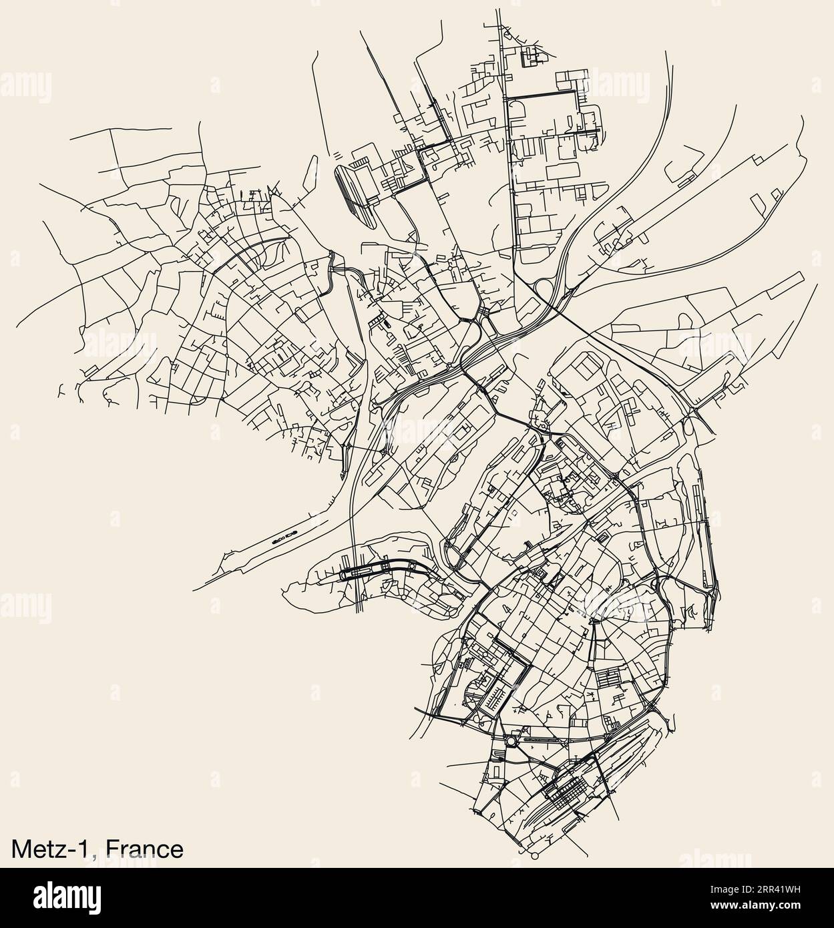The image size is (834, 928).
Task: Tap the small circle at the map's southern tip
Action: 534,855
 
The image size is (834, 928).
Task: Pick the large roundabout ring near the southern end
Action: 511,740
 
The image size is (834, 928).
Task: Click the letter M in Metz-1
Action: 19,849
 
